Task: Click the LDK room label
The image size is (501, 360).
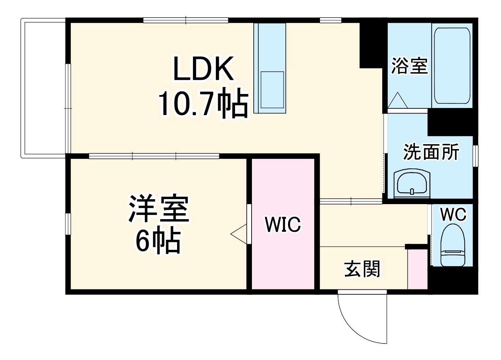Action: [x=204, y=69]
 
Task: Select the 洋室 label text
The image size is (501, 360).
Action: [x=159, y=209]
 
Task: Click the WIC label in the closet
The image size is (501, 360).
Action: [x=283, y=224]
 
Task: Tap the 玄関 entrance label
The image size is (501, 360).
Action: [x=362, y=269]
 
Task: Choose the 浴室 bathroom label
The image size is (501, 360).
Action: [x=409, y=66]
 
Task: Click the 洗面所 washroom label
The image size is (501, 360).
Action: [x=431, y=152]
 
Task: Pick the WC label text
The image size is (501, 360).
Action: [x=453, y=215]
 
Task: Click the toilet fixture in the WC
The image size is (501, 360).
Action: [x=453, y=245]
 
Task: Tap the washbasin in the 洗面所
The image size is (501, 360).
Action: [x=412, y=184]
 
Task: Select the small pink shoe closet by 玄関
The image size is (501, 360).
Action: [x=417, y=269]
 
